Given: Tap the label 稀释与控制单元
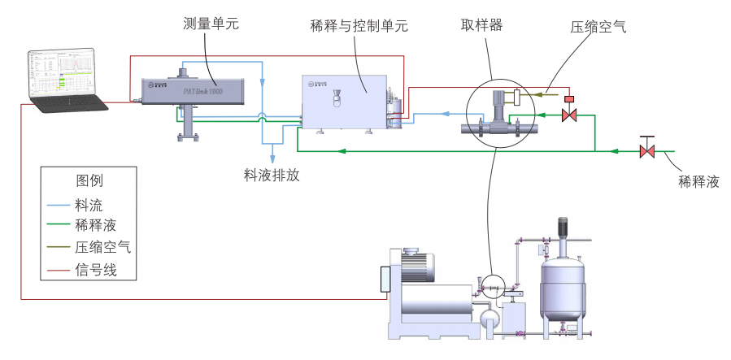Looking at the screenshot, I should click(x=359, y=26).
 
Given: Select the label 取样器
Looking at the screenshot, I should click(x=481, y=24).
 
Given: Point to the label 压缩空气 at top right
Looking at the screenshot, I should click(x=598, y=26).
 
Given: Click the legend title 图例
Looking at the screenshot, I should click(x=89, y=180).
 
